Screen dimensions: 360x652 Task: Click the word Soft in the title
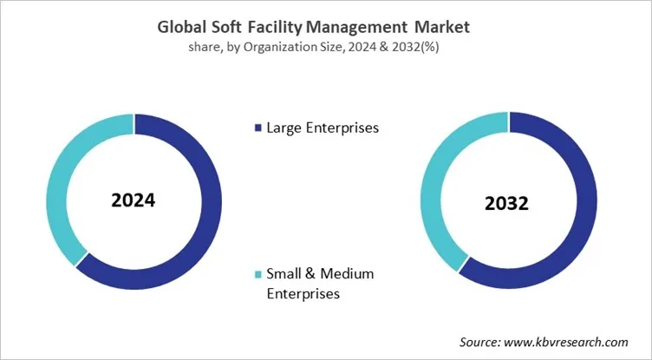point(231,27)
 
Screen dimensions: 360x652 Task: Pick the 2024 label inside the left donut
point(134,200)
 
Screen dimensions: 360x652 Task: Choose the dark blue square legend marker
point(256,129)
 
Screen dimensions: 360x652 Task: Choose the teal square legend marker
point(256,275)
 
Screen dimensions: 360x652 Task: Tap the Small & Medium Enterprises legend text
point(318,284)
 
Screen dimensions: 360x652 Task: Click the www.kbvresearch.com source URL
point(571,343)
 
